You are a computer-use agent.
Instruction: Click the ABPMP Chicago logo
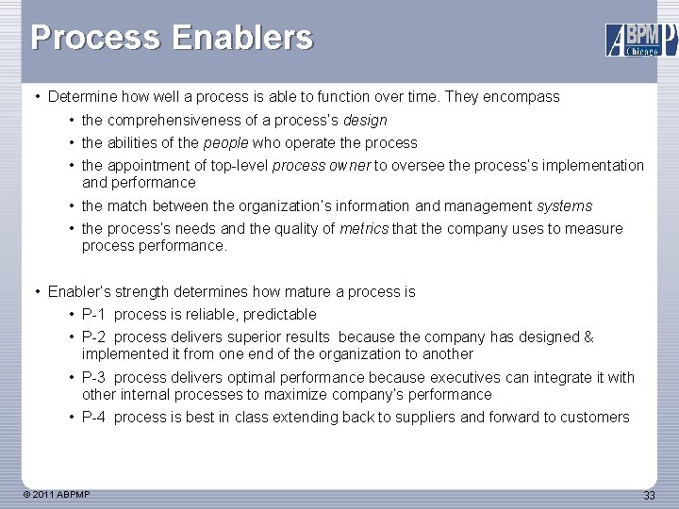(x=640, y=39)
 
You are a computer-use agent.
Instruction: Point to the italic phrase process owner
(x=322, y=166)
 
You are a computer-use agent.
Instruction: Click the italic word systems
(x=565, y=205)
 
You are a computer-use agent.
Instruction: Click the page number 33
(x=649, y=496)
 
